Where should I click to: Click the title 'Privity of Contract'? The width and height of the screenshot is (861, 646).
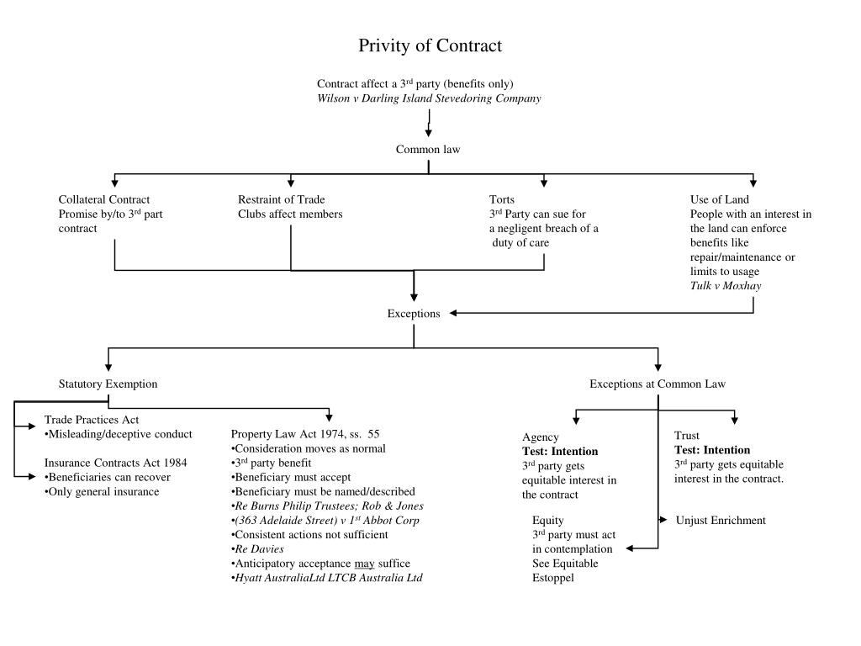tap(430, 45)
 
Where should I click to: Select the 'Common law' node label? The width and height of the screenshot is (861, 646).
tap(428, 150)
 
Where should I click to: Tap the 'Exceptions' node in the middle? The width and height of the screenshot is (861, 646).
tap(414, 314)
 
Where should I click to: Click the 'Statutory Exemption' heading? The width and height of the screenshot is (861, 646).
tap(108, 384)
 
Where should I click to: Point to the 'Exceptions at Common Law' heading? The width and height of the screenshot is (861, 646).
tap(658, 384)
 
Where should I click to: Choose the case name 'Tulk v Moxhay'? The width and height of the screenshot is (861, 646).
tap(726, 286)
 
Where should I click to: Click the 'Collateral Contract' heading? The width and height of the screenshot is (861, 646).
tap(103, 199)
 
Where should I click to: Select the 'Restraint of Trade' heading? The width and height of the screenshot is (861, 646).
tap(281, 199)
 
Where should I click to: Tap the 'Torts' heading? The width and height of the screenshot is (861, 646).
tap(501, 199)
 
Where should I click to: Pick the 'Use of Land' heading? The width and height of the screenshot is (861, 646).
tap(720, 199)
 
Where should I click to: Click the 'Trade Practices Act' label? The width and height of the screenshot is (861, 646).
tap(91, 420)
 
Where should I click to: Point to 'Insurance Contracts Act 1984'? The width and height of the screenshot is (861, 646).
tap(115, 463)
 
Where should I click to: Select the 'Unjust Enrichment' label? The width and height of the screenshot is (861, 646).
tap(721, 520)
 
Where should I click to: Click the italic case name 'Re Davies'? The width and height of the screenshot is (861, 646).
tap(259, 548)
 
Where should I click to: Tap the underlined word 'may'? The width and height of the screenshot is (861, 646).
tap(365, 564)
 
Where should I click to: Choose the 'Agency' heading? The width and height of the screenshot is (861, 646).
tap(541, 437)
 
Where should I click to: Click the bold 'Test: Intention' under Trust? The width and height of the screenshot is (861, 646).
tap(712, 450)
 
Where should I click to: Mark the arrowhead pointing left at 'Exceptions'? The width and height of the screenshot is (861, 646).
tap(453, 313)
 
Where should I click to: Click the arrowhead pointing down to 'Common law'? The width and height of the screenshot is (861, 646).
tap(428, 133)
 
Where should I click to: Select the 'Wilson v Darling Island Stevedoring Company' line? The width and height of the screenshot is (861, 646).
tap(429, 98)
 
